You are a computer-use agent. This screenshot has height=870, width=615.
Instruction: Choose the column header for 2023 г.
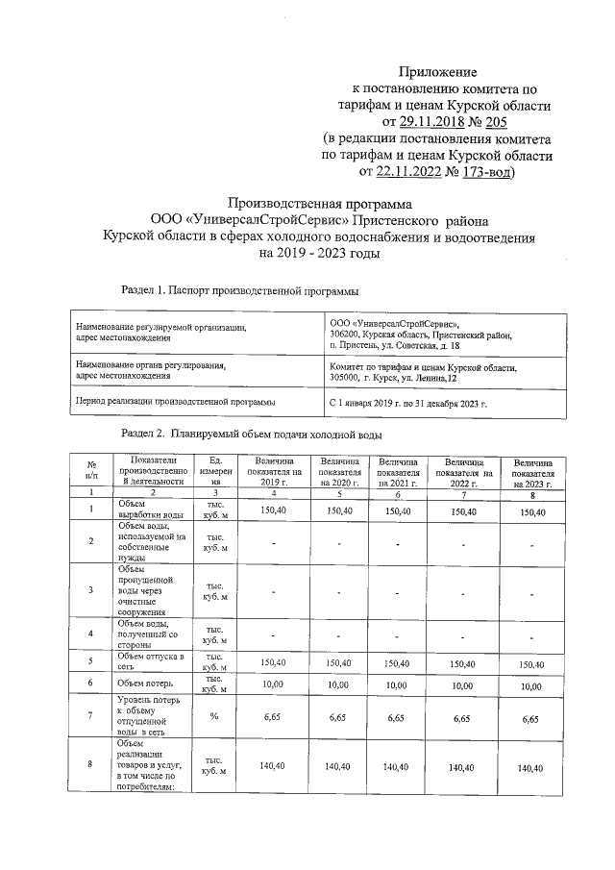531,472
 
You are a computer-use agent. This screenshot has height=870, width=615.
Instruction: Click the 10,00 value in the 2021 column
397,684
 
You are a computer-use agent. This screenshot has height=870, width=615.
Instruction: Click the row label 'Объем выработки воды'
144,510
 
